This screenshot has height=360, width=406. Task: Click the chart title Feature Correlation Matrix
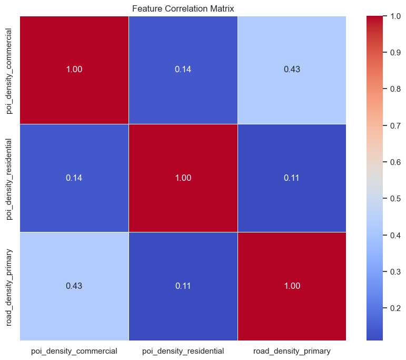[x=183, y=9]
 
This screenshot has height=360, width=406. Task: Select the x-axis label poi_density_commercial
[x=74, y=351]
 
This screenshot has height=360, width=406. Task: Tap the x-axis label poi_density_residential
[x=183, y=351]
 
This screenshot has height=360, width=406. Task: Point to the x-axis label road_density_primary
[x=292, y=351]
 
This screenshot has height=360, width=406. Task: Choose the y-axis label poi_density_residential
[x=10, y=178]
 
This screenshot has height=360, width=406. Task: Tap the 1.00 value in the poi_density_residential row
[x=183, y=178]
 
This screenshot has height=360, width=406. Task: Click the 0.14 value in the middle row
[x=74, y=178]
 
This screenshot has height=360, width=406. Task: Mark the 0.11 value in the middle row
[x=292, y=178]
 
